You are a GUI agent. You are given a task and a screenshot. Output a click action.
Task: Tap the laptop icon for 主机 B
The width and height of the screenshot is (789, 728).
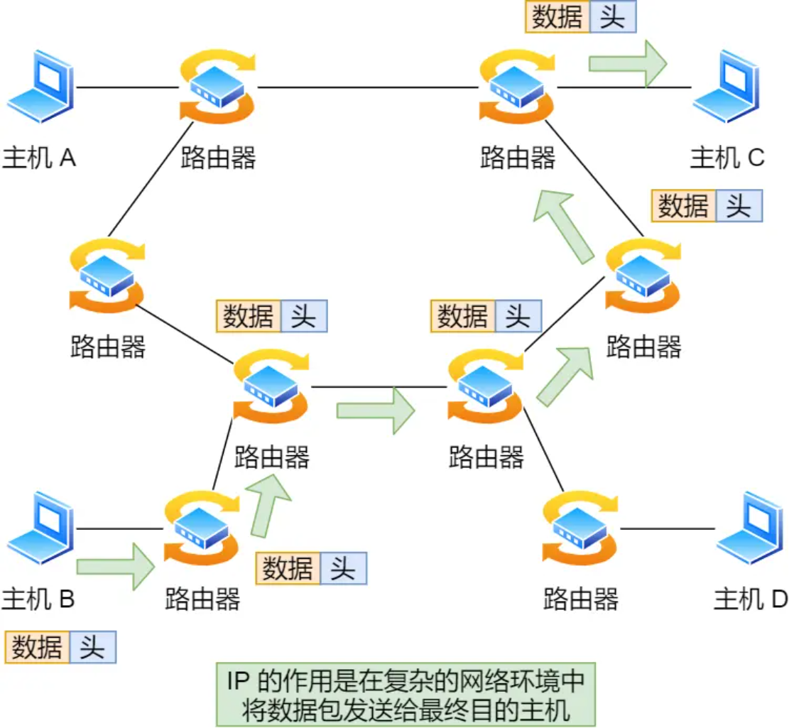coord(40,528)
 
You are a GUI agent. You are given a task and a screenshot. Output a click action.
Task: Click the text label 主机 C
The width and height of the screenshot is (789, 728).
coord(727,157)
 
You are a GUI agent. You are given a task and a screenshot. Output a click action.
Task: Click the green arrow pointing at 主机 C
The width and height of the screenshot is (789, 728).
coord(627,64)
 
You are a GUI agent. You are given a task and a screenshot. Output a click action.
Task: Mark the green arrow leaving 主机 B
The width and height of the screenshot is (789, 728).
coord(115,566)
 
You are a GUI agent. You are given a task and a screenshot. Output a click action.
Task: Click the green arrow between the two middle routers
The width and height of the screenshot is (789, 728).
coord(375,410)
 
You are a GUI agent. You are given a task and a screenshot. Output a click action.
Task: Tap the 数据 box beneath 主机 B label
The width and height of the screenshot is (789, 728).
coord(37,648)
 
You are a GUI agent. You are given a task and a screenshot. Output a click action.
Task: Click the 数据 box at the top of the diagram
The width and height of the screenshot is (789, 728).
coord(557,17)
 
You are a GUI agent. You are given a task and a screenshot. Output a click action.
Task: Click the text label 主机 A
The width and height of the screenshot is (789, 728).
coord(39,157)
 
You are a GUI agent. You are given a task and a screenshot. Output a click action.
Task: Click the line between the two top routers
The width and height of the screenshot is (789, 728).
coord(367,87)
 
